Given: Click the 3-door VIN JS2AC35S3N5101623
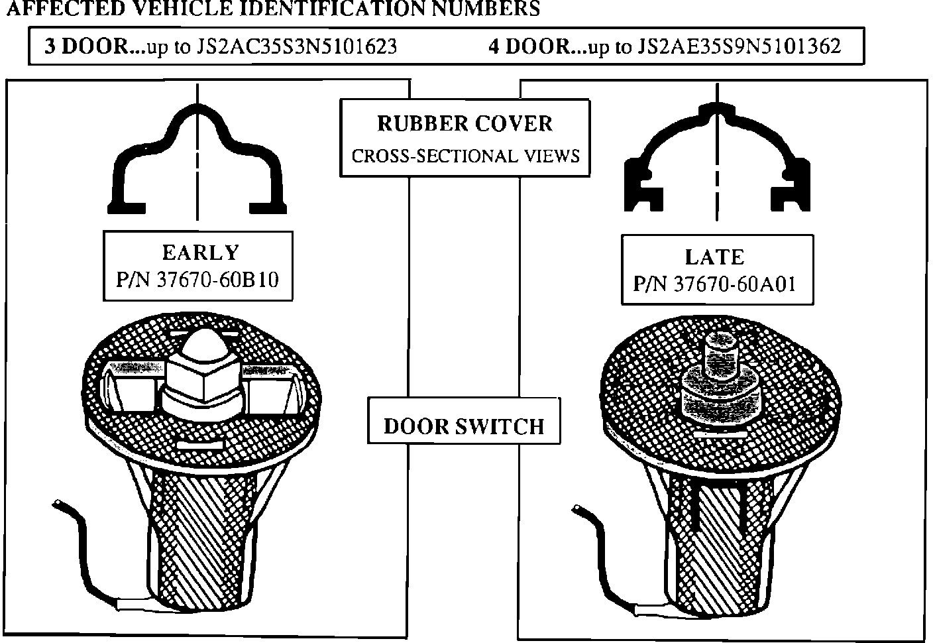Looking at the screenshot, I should (x=297, y=46).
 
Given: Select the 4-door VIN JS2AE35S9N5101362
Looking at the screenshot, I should (x=739, y=46).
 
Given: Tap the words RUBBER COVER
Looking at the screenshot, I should (x=465, y=124).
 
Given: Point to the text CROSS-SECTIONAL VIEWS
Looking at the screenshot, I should (x=465, y=156).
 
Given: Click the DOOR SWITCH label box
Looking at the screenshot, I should (x=464, y=426).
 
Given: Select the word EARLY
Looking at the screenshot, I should (x=199, y=253).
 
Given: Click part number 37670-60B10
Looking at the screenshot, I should (x=217, y=280).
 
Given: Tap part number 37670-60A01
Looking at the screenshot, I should (x=734, y=284).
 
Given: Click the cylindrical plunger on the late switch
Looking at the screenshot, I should (x=720, y=351).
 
